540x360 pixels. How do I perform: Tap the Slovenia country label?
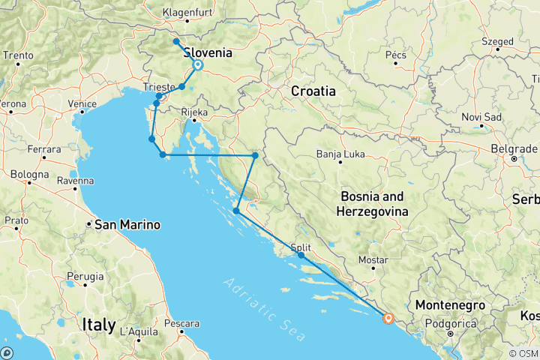click(207, 53)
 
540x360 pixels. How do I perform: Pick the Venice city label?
click(81, 103)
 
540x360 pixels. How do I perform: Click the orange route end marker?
click(388, 318)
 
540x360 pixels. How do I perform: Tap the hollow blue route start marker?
click(198, 65)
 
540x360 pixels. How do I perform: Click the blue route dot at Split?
click(301, 256)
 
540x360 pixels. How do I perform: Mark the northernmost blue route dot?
click(175, 42)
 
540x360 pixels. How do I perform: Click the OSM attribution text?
click(523, 353)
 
